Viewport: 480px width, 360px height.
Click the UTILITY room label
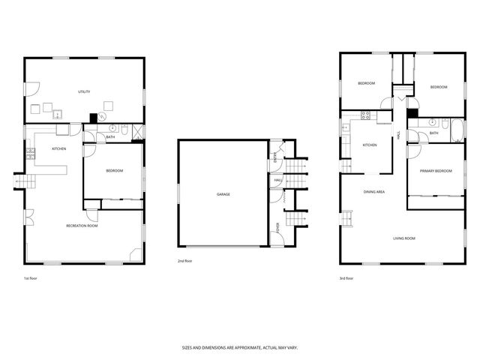click(84, 92)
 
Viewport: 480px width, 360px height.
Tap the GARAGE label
click(223, 194)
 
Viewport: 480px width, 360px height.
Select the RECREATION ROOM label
click(82, 225)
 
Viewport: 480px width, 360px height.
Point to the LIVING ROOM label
click(404, 238)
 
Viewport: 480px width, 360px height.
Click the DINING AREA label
click(374, 192)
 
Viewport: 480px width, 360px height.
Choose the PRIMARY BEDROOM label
click(436, 171)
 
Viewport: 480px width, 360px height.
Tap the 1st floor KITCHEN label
click(59, 149)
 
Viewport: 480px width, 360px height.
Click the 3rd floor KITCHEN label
click(370, 145)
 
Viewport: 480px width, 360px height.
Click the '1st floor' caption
click(31, 278)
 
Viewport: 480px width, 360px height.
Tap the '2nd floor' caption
click(185, 261)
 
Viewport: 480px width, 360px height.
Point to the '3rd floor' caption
click(346, 278)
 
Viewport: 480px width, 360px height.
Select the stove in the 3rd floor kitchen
click(367, 115)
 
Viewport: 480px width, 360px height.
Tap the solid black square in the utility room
click(94, 117)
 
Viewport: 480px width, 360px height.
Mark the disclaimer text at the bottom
click(240, 348)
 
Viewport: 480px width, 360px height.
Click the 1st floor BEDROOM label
click(114, 171)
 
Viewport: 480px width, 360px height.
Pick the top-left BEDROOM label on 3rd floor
click(366, 83)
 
